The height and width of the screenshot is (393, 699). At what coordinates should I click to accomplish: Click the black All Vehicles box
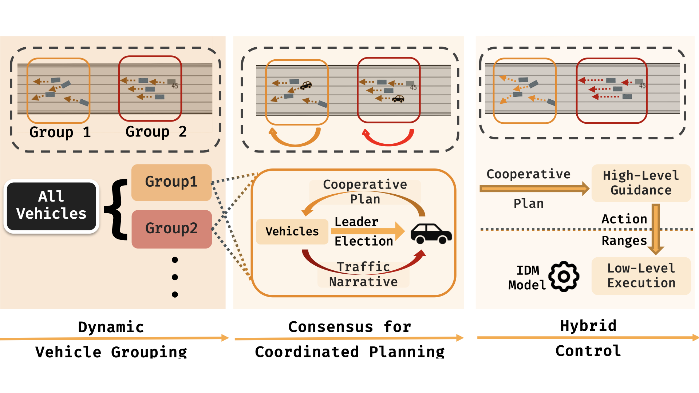pos(51,206)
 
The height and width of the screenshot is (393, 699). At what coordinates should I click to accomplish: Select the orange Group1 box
pos(171,182)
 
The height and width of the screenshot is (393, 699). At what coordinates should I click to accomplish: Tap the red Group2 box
pos(171,229)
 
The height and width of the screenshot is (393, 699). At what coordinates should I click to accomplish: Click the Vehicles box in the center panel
pos(292,231)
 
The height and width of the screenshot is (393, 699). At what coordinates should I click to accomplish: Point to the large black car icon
pos(431,234)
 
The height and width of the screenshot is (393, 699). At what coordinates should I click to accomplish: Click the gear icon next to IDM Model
pos(564,277)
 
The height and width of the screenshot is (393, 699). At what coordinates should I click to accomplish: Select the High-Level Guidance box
pos(641,183)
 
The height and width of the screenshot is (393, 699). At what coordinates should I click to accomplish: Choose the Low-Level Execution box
pos(641,276)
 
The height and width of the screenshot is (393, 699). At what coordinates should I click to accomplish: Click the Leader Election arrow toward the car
pos(368,231)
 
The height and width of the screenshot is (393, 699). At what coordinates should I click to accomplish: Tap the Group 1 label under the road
pos(60,132)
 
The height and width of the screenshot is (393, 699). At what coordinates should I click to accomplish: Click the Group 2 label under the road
pos(156,132)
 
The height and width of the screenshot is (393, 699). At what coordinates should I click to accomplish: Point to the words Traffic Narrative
pos(363,274)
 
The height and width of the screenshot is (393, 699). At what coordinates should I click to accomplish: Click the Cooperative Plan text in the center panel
pos(365,191)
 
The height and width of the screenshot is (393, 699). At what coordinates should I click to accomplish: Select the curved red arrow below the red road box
pos(388,138)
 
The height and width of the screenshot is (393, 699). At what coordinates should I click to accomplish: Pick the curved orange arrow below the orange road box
pos(295,138)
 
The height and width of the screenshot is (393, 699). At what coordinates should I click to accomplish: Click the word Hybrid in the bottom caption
pos(588,326)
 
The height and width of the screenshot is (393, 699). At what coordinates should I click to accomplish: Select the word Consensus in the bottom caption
pos(331,327)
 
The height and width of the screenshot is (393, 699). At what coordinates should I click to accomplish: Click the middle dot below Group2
pos(175,277)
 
